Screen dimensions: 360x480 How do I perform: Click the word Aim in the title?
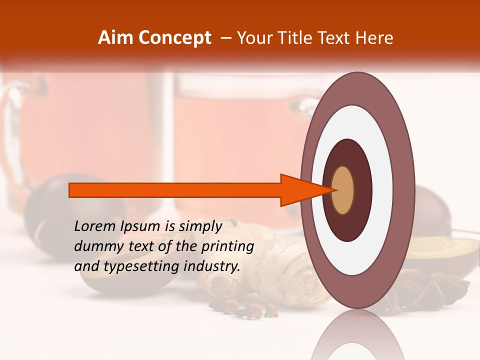[116, 38]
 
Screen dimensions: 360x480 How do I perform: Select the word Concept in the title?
[174, 38]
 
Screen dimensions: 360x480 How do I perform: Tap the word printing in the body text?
[227, 247]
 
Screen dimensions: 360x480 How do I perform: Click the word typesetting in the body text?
[141, 267]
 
